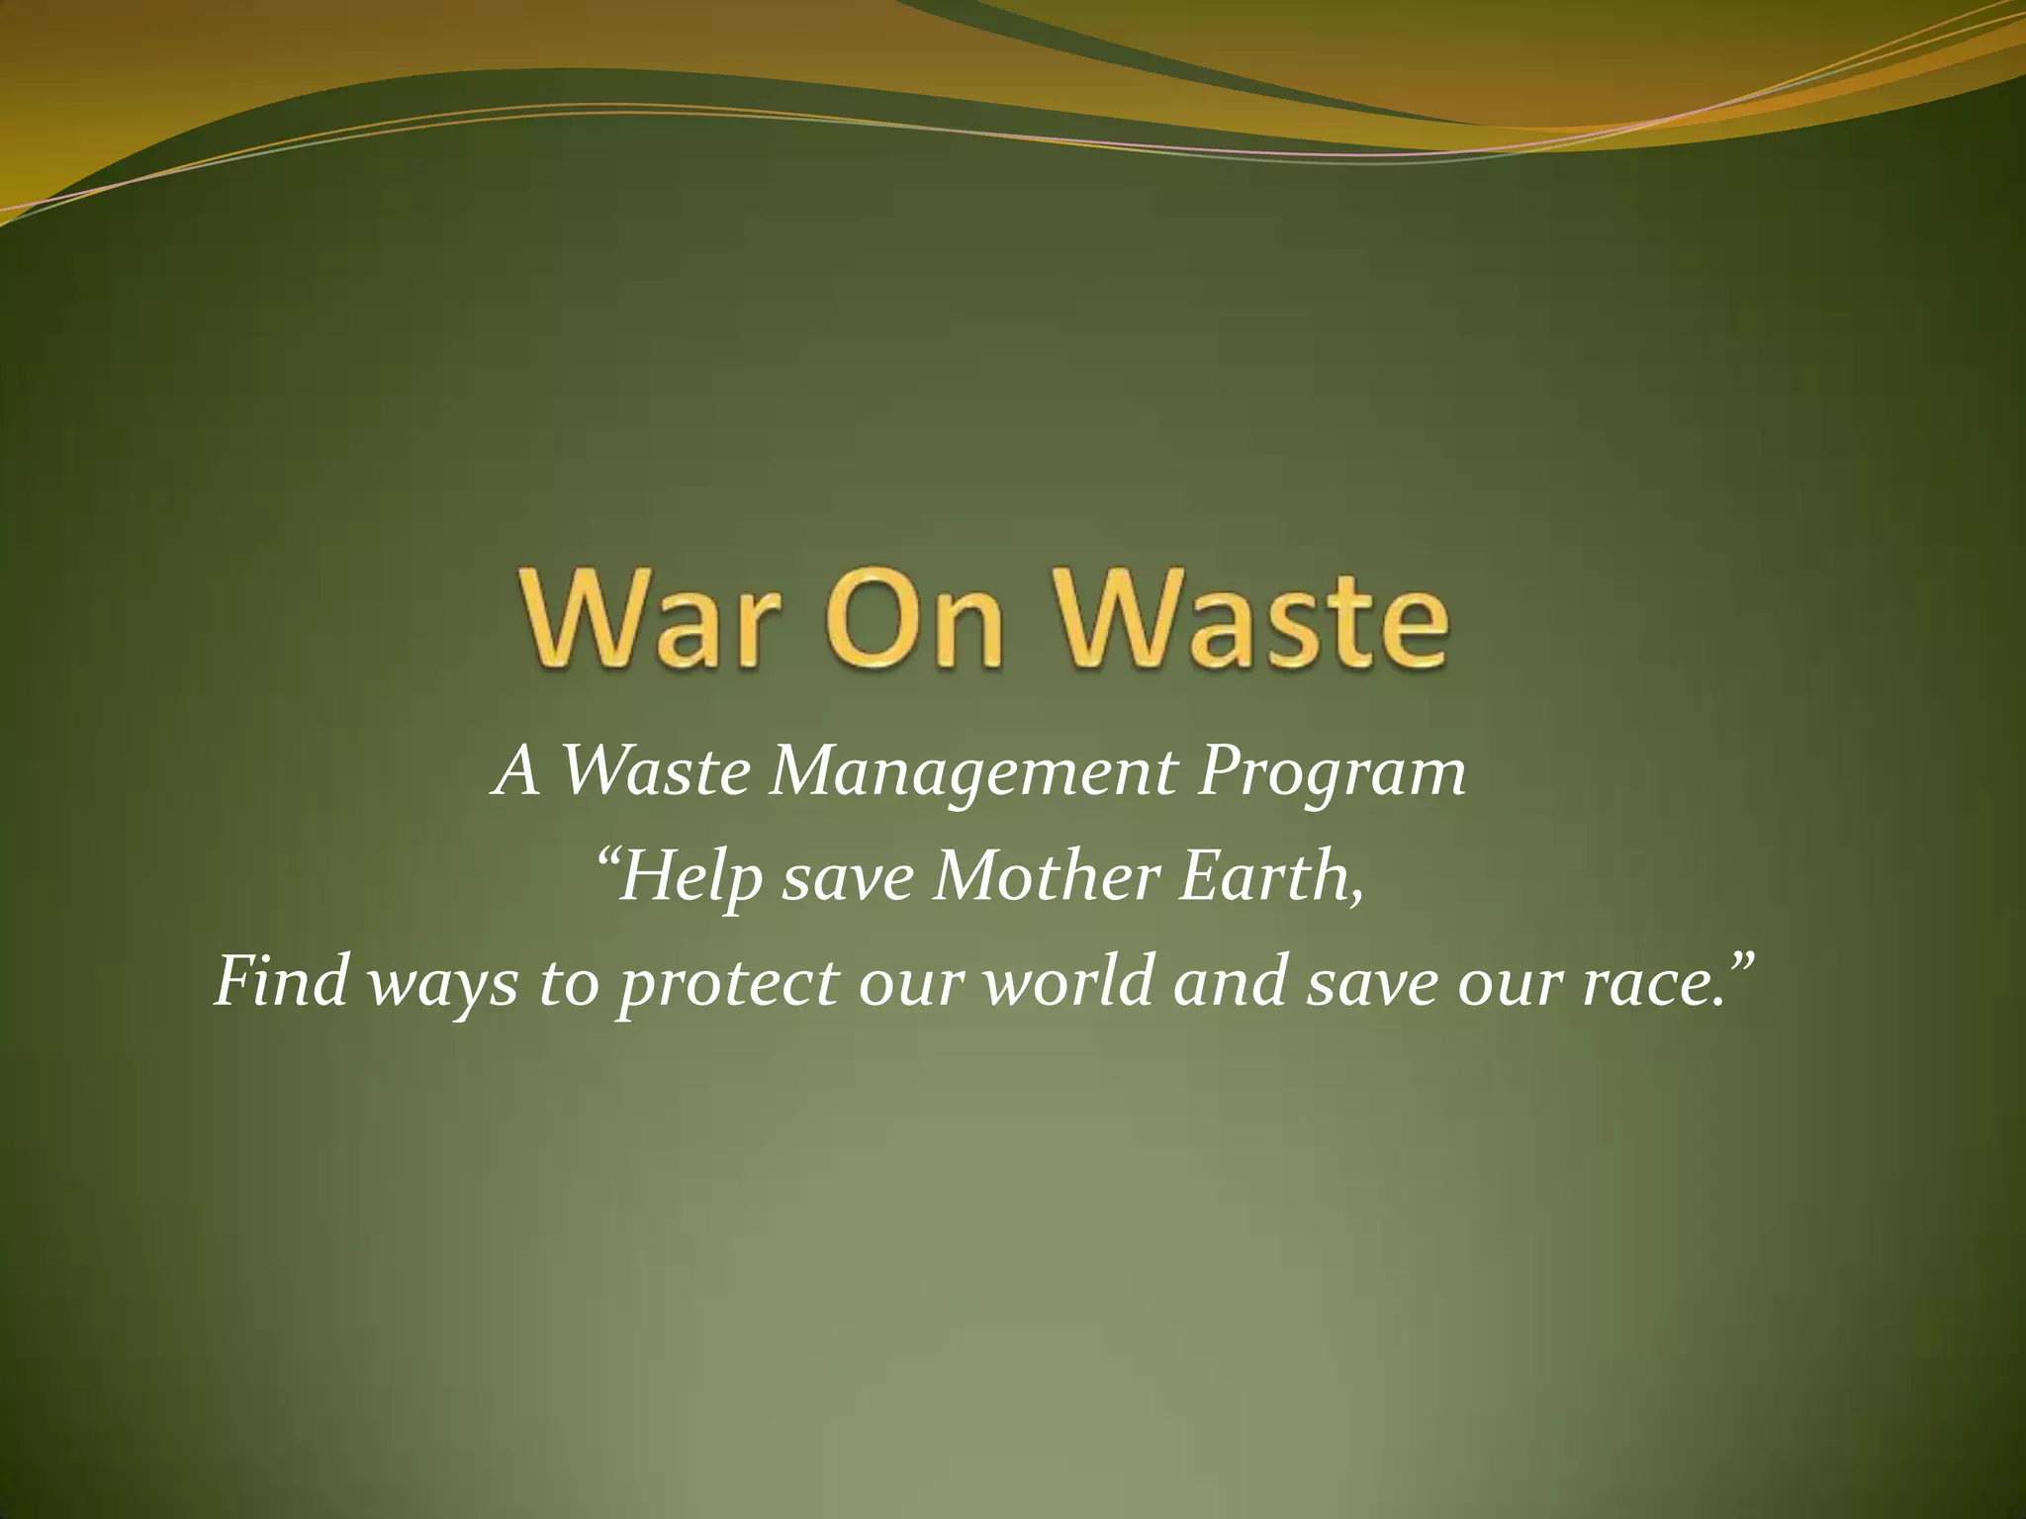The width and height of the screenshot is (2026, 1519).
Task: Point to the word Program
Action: pos(1332,774)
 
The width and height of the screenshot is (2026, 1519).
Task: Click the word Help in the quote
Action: pos(691,878)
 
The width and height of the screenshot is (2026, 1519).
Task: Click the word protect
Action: pos(727,985)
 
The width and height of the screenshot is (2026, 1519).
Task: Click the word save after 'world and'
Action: pos(1371,985)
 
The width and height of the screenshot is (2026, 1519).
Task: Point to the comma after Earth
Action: pos(1354,898)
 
